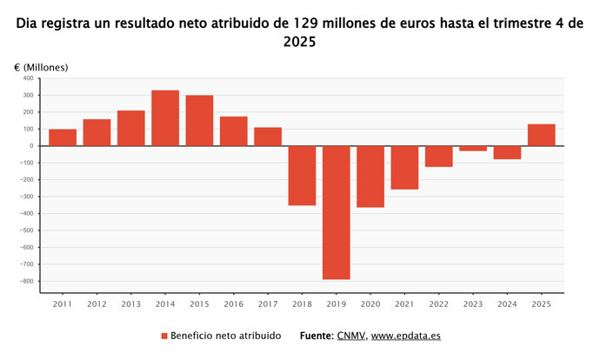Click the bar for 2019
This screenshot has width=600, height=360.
tap(336, 212)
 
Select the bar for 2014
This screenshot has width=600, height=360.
tap(165, 118)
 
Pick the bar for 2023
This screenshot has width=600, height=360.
tap(473, 149)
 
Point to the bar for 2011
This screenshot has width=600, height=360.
tap(63, 137)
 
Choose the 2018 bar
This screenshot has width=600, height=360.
tap(302, 176)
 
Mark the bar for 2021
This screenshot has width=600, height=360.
tap(404, 168)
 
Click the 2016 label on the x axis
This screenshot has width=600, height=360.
tap(233, 303)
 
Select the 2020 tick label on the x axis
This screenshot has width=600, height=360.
tap(370, 303)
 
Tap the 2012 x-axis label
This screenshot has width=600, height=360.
tap(97, 303)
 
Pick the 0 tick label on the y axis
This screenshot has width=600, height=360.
tap(30, 146)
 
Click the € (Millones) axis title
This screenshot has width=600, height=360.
tap(41, 67)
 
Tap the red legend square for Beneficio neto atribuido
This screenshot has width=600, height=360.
tap(163, 336)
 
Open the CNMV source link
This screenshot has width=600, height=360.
tap(350, 336)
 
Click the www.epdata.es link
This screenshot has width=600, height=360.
tap(406, 336)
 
